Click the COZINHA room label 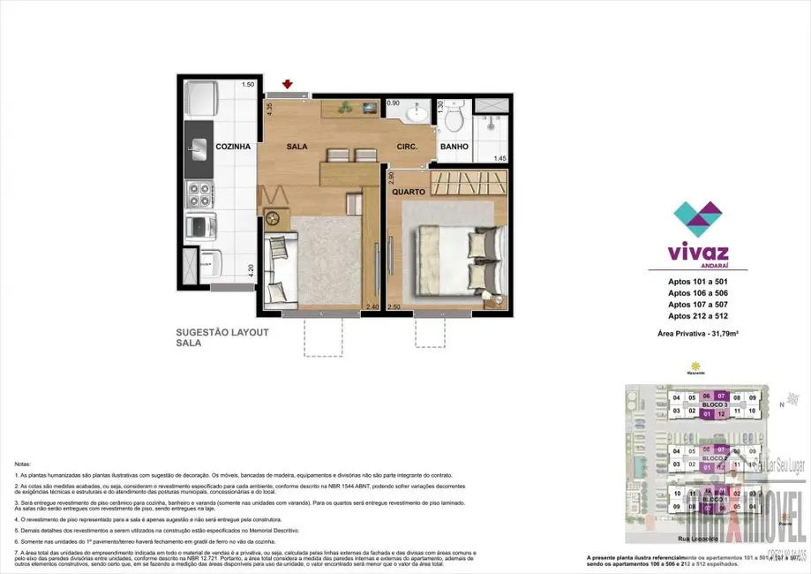click(x=233, y=147)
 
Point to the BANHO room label click(x=454, y=147)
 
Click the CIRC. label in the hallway click(x=407, y=147)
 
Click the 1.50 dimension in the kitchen click(x=248, y=85)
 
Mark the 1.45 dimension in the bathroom click(x=500, y=158)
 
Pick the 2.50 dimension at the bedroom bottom click(x=394, y=306)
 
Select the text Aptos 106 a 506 click(x=697, y=292)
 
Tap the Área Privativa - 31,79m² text click(x=697, y=335)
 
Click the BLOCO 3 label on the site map click(x=714, y=404)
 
